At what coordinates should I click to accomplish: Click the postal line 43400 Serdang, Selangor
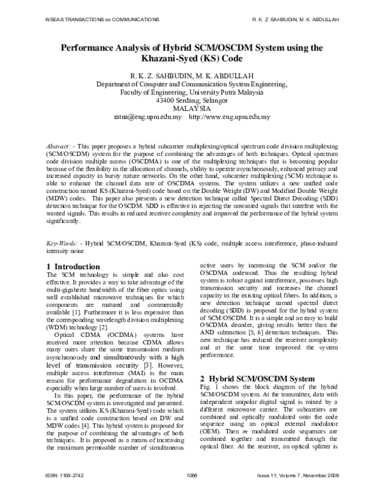tap(192, 100)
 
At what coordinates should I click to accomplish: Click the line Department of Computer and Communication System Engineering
tap(192, 84)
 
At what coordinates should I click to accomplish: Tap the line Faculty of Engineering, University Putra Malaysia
tap(192, 92)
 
